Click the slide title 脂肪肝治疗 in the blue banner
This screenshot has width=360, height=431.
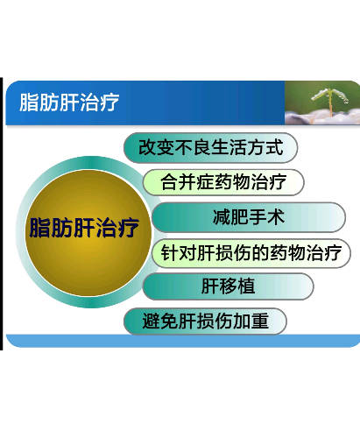(x=69, y=102)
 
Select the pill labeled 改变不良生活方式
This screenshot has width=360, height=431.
(x=211, y=148)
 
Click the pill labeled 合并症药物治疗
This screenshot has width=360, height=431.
(x=223, y=182)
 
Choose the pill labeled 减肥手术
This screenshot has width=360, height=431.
(x=249, y=217)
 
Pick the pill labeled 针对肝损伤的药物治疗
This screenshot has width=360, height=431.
(x=251, y=253)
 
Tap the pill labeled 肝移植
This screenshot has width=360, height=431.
(x=228, y=286)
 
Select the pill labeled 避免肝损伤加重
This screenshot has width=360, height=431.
(x=205, y=321)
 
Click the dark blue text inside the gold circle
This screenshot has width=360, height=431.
(x=84, y=228)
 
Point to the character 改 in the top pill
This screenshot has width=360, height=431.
(x=147, y=147)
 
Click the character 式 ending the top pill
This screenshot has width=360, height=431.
(x=274, y=147)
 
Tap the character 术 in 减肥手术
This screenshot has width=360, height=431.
(x=276, y=217)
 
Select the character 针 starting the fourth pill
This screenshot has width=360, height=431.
(x=170, y=252)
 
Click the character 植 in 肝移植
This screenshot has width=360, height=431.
(x=246, y=286)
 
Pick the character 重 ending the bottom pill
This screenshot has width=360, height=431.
(x=260, y=321)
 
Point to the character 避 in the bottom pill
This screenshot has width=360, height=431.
(x=152, y=321)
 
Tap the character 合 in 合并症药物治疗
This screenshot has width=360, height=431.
(x=169, y=181)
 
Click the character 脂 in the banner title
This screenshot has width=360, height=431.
(x=29, y=102)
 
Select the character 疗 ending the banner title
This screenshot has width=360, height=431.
(x=109, y=102)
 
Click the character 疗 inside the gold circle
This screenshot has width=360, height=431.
(x=129, y=228)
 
